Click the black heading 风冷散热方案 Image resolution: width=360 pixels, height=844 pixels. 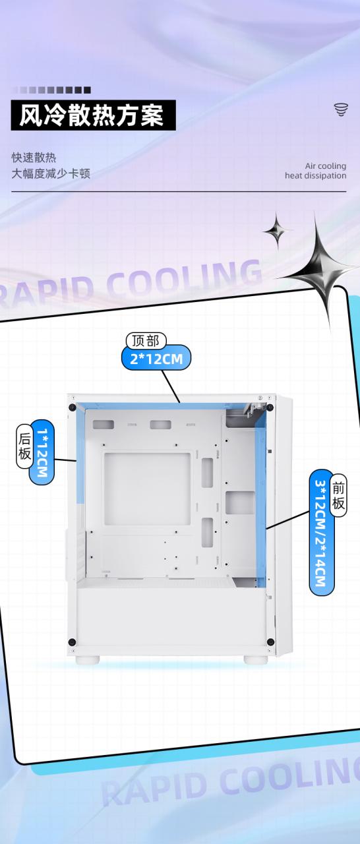click(x=93, y=115)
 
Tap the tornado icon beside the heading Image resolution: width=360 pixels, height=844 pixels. click(x=341, y=109)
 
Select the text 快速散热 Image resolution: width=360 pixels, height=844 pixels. click(x=34, y=158)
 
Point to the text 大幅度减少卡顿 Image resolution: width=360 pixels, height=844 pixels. click(x=51, y=173)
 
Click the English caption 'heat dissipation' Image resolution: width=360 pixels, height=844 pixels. click(x=316, y=175)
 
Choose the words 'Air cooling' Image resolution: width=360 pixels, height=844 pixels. click(x=326, y=166)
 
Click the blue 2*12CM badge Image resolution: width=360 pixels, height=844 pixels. click(x=156, y=358)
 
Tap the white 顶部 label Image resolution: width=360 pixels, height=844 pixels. click(x=146, y=341)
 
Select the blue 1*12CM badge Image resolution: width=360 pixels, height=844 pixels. click(x=42, y=452)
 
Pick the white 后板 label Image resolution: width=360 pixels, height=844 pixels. click(x=24, y=446)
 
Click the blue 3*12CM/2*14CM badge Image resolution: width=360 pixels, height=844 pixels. click(x=321, y=532)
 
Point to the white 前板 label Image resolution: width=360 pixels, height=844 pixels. click(x=338, y=495)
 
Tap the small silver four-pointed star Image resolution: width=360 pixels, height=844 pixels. click(x=278, y=231)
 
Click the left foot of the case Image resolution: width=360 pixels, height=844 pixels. click(x=88, y=660)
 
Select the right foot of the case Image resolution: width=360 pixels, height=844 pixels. click(x=256, y=660)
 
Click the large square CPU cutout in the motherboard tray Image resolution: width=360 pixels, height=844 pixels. click(x=147, y=489)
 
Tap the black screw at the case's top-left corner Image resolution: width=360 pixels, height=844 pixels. click(x=72, y=407)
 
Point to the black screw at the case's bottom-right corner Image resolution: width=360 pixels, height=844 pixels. click(x=270, y=642)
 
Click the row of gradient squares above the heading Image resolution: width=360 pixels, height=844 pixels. click(x=51, y=90)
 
